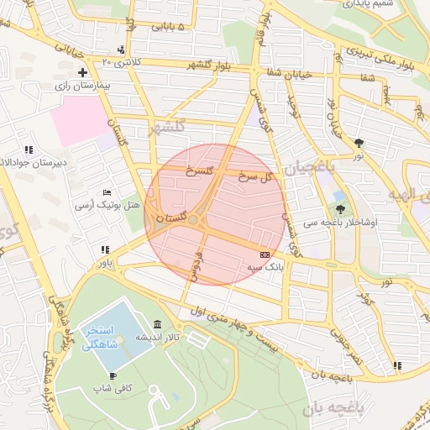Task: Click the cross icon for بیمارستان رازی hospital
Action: [82, 73]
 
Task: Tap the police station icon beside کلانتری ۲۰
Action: [122, 50]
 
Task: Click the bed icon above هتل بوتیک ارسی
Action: [106, 193]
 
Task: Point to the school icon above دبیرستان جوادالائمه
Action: [29, 149]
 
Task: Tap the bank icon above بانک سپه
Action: [265, 254]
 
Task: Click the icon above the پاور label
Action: [104, 249]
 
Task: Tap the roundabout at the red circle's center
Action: [193, 220]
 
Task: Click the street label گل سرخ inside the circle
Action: [255, 176]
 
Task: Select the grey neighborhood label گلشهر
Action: [165, 129]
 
